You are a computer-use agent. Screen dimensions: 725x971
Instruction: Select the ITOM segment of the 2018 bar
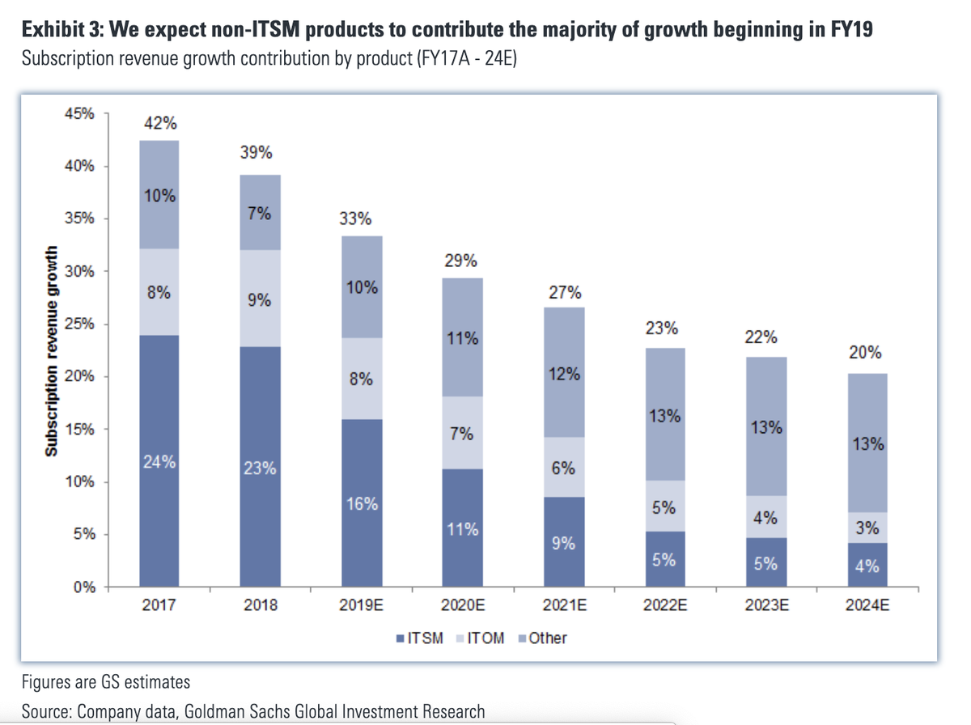260,298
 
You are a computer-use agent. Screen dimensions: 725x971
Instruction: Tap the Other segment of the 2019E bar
362,286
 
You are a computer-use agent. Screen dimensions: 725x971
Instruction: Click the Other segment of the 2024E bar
867,443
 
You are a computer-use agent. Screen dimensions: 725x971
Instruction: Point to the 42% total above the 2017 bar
160,124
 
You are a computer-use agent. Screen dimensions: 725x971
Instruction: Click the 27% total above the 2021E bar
564,292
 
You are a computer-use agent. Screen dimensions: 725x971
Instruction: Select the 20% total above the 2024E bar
867,353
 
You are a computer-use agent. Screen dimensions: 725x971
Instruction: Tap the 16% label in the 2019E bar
362,503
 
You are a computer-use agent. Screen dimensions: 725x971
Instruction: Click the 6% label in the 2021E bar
564,468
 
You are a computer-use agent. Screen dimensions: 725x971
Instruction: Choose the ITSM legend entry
420,638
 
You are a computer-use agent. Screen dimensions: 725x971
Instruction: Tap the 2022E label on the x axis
664,605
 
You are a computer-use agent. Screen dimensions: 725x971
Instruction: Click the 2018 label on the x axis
261,605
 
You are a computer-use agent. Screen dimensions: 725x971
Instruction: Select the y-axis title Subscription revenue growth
51,350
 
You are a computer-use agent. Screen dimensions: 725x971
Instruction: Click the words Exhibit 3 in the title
61,30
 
